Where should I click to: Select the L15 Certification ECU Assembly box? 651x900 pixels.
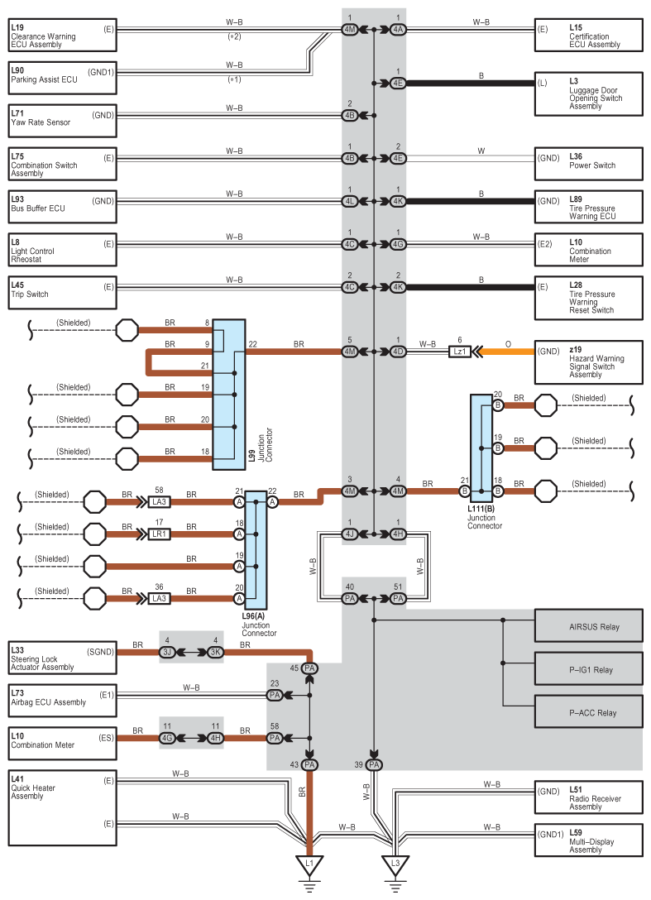(588, 36)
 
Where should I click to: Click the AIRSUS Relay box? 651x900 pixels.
(588, 626)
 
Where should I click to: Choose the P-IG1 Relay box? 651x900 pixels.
(588, 669)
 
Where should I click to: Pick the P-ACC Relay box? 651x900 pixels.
(588, 712)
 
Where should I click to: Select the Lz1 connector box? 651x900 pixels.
(460, 352)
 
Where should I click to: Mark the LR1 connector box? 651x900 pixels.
(159, 534)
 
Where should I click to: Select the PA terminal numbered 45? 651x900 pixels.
(310, 668)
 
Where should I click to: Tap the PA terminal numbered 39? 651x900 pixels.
(374, 765)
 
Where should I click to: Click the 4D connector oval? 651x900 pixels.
(398, 352)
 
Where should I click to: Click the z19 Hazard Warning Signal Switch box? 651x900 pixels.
(588, 361)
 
